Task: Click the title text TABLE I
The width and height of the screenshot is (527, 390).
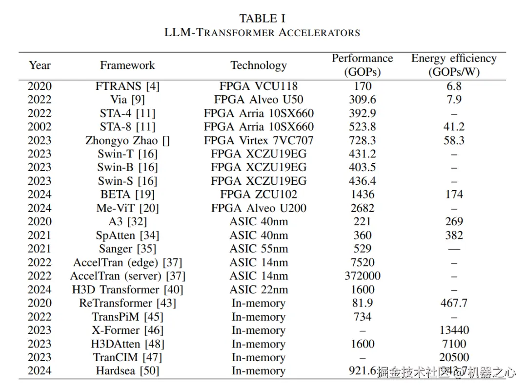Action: [x=263, y=19]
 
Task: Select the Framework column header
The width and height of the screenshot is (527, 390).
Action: [x=127, y=65]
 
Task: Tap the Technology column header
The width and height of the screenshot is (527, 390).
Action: [x=259, y=65]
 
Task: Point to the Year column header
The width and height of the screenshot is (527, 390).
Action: [x=40, y=65]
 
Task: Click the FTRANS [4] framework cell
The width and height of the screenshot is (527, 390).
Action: [x=127, y=87]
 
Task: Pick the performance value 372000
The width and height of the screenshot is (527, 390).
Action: [x=363, y=276]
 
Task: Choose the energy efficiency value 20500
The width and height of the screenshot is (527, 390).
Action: [x=454, y=357]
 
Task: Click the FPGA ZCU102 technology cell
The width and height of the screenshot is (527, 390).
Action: [x=259, y=195]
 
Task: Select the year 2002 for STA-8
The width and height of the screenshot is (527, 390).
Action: [x=40, y=127]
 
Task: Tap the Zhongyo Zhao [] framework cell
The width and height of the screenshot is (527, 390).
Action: [x=127, y=141]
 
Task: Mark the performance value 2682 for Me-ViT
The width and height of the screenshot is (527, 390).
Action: [x=363, y=208]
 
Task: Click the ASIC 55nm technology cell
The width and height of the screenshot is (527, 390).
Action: [x=259, y=249]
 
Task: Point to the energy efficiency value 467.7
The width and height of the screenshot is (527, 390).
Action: [x=454, y=303]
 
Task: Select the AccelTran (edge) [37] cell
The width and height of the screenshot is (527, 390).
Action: [x=127, y=262]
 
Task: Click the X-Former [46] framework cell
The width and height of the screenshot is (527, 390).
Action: [x=127, y=330]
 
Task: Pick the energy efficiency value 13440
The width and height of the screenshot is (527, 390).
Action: [x=454, y=330]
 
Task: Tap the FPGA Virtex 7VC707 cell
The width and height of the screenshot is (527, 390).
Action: [x=259, y=141]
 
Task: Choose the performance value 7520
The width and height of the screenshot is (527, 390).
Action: [x=363, y=262]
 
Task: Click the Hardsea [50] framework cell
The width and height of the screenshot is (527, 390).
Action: [x=127, y=371]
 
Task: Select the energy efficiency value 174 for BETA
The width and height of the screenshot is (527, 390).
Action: [x=454, y=195]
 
